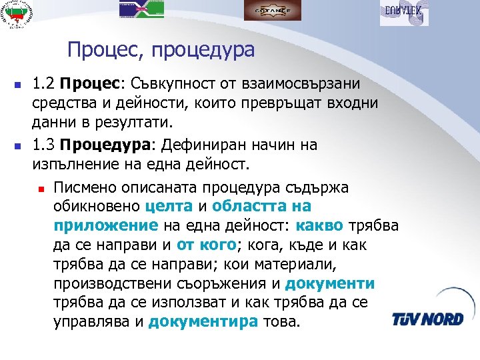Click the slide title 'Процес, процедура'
click(x=161, y=50)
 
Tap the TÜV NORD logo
click(x=428, y=318)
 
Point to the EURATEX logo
click(x=404, y=12)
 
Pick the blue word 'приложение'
click(x=106, y=226)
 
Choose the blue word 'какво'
click(x=319, y=226)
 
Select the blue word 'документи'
click(x=330, y=284)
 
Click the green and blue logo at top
click(x=141, y=9)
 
